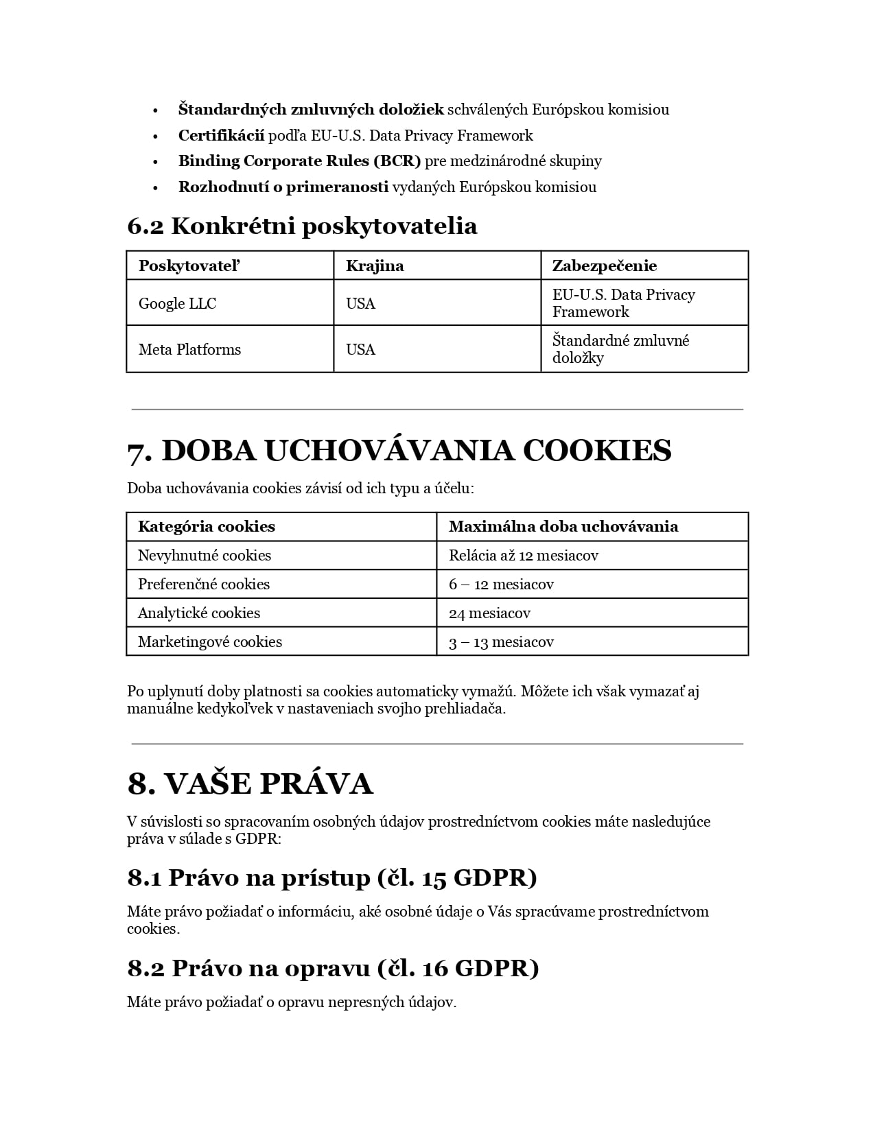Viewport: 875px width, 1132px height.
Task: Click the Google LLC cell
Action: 177,303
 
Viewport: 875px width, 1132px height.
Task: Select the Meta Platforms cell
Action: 189,349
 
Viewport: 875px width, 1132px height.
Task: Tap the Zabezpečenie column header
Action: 604,266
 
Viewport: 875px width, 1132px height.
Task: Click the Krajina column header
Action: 375,266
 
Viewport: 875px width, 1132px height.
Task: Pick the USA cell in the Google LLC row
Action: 360,303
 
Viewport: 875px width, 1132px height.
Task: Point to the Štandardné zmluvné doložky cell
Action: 620,349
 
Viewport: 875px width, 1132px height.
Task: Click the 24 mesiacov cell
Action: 489,613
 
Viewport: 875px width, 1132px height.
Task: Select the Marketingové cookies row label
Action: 210,641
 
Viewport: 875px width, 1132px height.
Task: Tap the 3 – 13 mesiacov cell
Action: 501,641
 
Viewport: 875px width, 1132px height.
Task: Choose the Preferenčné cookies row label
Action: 204,584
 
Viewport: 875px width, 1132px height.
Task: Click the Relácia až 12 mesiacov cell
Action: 524,555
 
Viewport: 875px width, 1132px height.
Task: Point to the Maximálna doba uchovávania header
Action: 563,526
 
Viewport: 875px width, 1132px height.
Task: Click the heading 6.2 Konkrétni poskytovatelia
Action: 302,226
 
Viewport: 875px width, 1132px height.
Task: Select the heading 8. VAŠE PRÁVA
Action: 250,783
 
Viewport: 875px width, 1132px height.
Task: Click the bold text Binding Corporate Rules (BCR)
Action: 299,161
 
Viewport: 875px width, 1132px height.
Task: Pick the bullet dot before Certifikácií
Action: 156,136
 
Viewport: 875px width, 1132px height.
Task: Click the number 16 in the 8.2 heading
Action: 435,968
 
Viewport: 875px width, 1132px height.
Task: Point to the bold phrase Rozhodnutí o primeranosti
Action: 283,187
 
